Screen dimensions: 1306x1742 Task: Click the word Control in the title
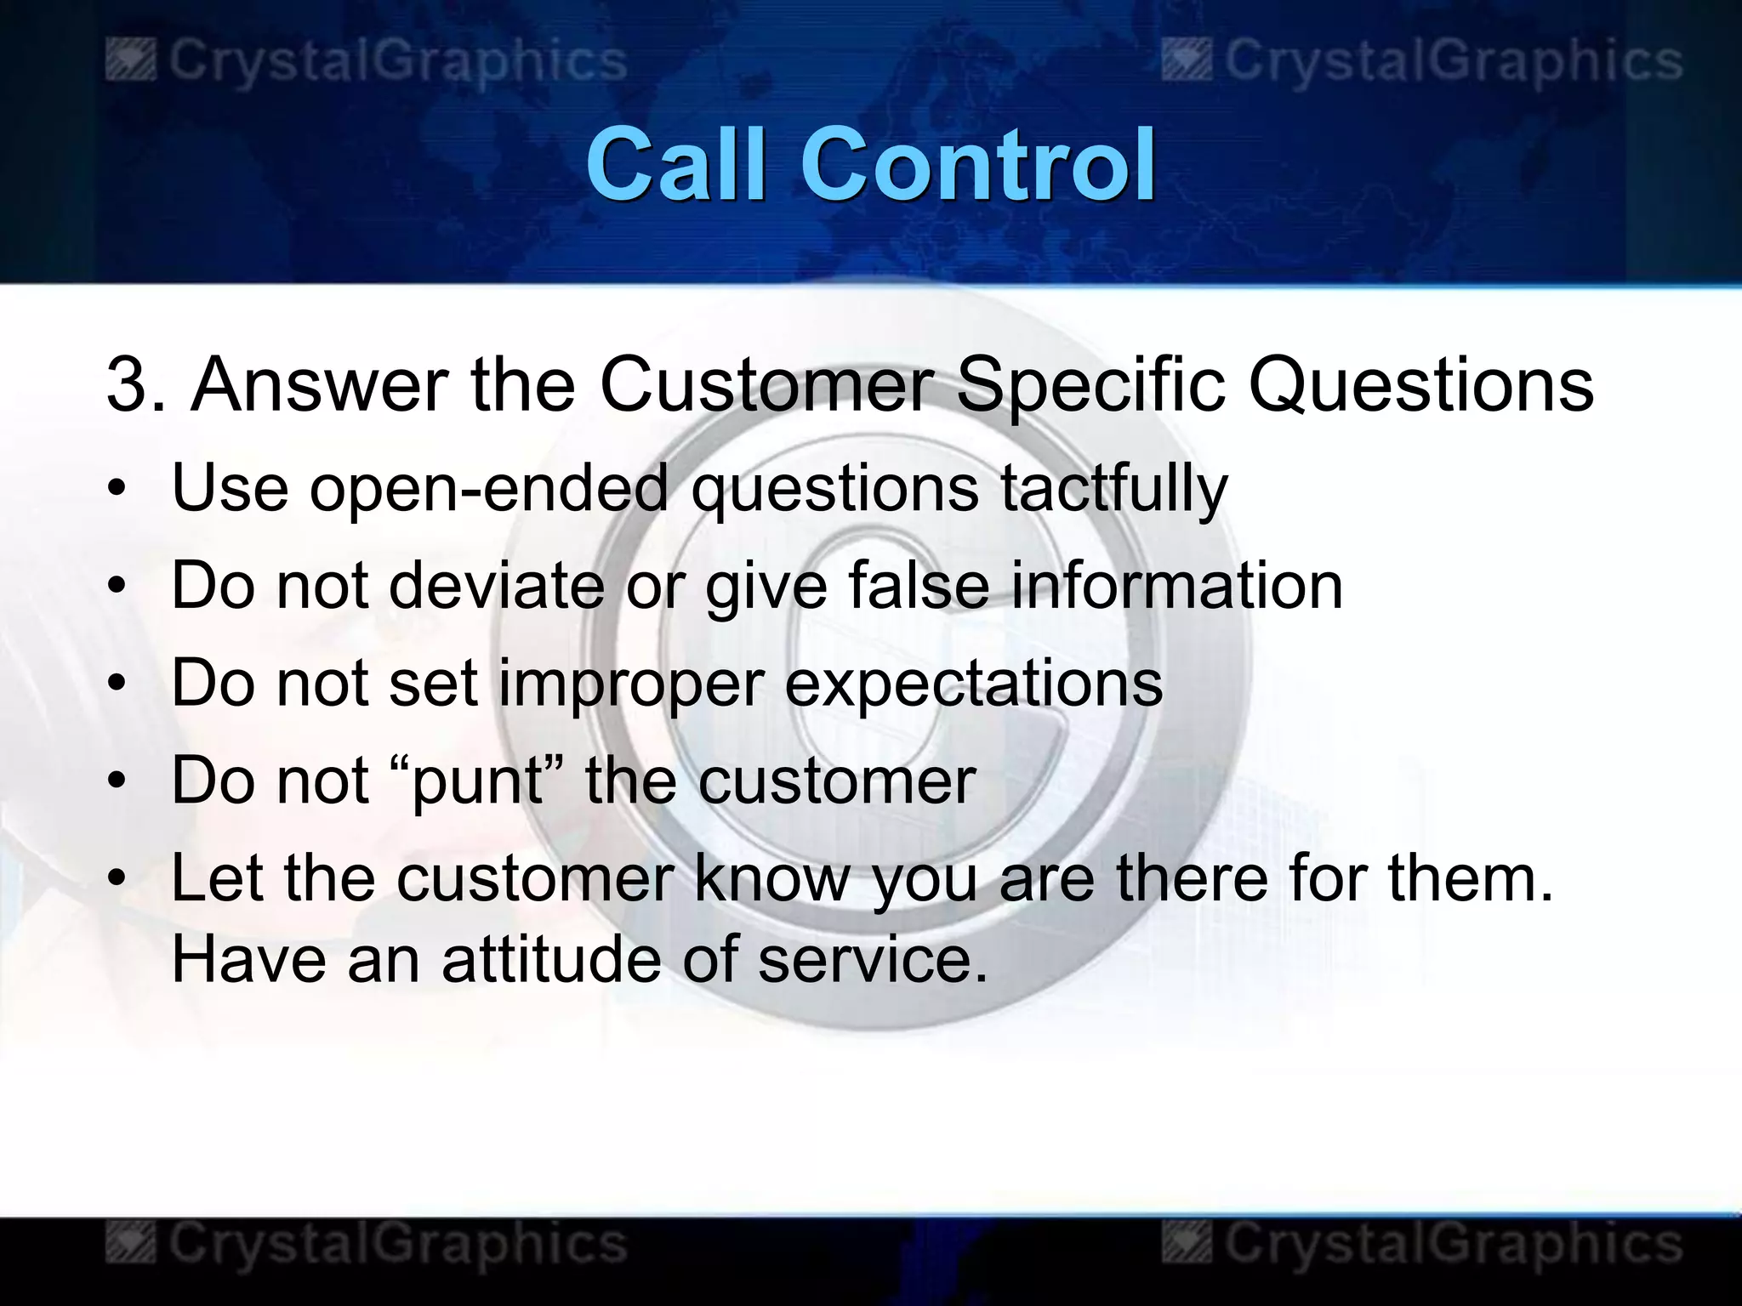click(978, 163)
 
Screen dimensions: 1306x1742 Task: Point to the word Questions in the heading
click(1420, 385)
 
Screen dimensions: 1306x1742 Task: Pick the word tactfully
click(1113, 490)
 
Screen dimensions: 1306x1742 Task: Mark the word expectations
click(973, 684)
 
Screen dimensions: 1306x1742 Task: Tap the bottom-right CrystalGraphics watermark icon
click(1187, 1243)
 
